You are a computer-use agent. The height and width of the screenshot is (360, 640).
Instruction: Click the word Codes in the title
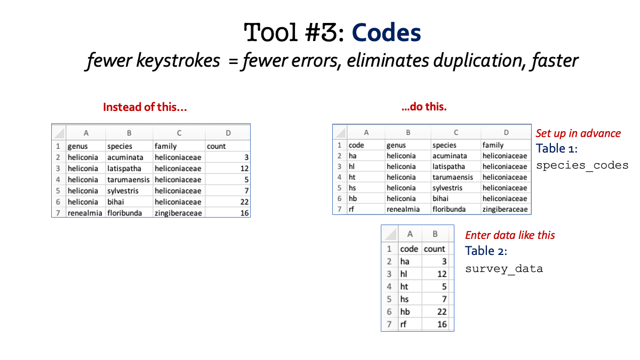(386, 33)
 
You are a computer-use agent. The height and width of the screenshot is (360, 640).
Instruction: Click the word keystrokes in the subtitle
(178, 61)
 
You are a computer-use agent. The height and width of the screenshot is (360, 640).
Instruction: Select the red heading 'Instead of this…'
(145, 107)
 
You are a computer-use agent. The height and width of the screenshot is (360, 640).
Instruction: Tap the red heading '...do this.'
(424, 107)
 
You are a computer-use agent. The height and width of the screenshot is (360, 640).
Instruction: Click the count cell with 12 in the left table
(244, 169)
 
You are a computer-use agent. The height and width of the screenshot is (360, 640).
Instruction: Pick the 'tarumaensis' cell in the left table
(129, 180)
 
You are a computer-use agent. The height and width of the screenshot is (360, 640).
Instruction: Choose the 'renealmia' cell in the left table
(85, 213)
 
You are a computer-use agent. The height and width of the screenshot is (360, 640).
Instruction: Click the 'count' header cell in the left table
(217, 146)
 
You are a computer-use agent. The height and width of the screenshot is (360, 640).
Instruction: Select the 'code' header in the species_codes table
(356, 145)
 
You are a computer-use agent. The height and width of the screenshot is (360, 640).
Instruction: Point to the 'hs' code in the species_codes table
(353, 188)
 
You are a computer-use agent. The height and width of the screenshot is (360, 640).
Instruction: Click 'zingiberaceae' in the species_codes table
(505, 210)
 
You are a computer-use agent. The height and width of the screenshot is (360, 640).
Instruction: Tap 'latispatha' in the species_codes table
(449, 166)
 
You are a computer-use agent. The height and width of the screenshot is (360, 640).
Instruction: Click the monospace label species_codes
(582, 165)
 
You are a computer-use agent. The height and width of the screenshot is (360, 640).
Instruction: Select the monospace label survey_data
(504, 269)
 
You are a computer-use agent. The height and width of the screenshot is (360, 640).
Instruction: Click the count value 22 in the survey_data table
(442, 311)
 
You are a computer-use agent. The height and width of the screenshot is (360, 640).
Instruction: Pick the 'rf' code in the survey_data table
(403, 324)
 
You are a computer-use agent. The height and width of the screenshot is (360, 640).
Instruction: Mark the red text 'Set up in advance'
(578, 133)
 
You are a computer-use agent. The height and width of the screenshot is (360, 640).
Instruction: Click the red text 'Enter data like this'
(510, 235)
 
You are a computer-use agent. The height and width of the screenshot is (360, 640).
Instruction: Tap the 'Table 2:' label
(486, 251)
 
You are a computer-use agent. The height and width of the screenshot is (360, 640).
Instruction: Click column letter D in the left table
(228, 133)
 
